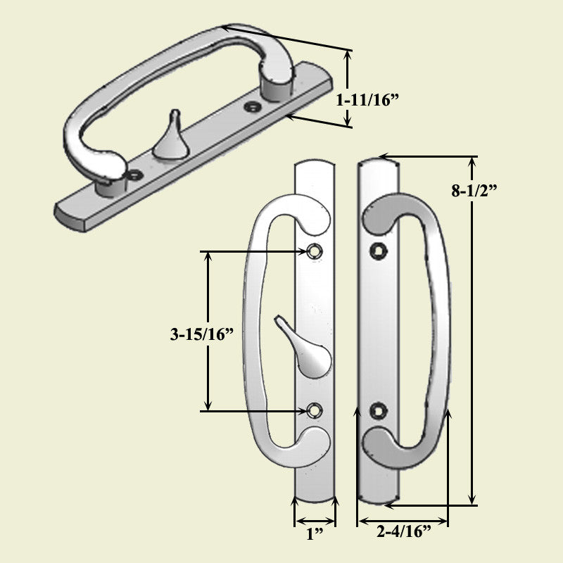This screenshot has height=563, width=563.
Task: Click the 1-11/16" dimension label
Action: tap(367, 101)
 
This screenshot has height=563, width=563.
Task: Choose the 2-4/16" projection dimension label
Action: tap(403, 532)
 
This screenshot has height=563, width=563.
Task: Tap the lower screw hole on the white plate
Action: tap(315, 410)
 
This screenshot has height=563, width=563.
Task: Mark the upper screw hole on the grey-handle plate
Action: tap(379, 249)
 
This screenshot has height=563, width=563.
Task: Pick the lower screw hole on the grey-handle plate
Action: tap(379, 410)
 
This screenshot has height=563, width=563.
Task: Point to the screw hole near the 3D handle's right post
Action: tap(251, 107)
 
